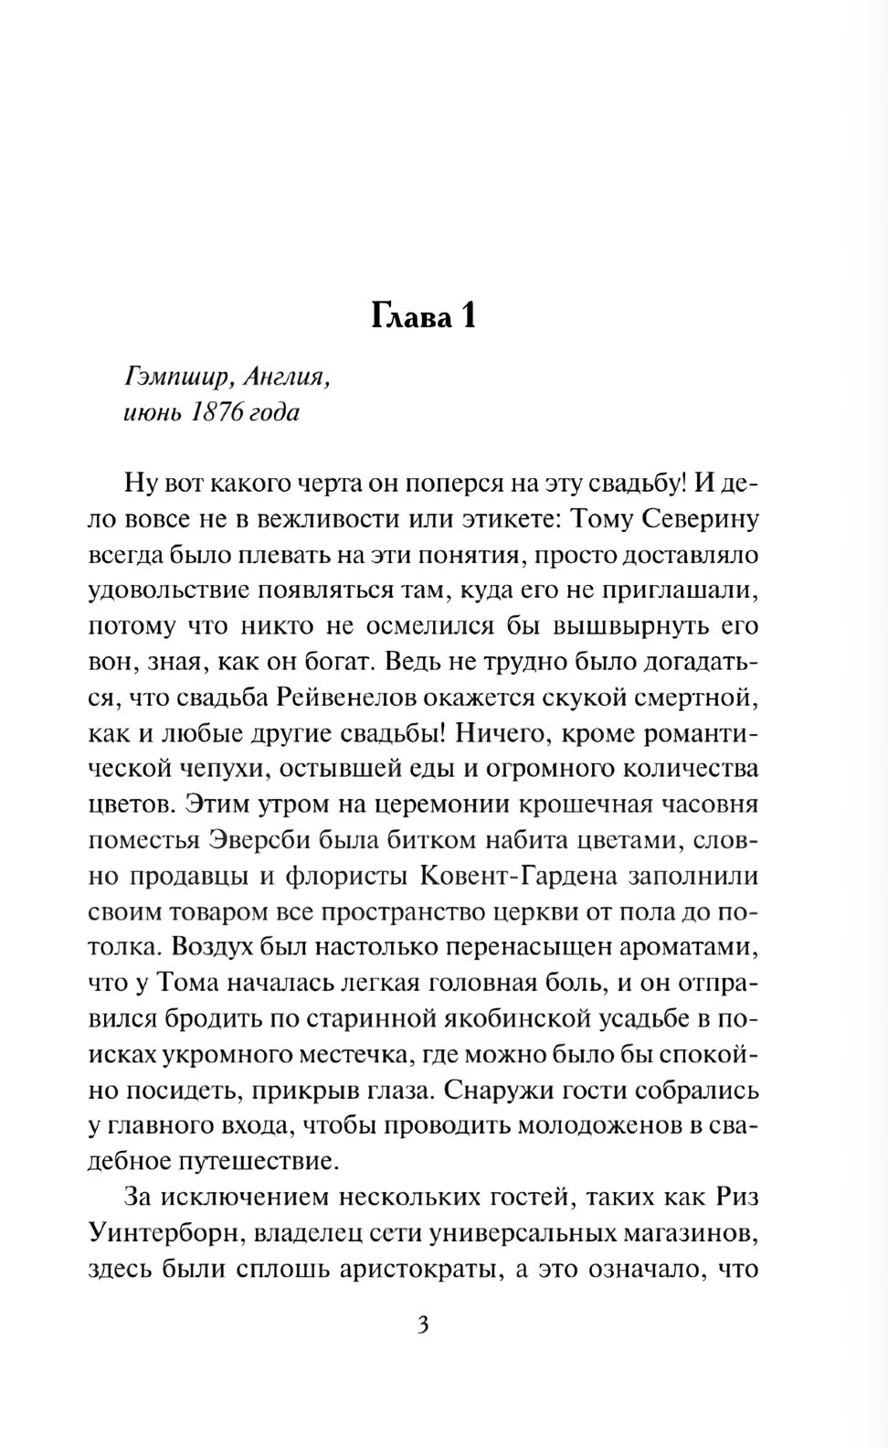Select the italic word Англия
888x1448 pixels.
pos(287,376)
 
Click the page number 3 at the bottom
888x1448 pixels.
pos(423,1325)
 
